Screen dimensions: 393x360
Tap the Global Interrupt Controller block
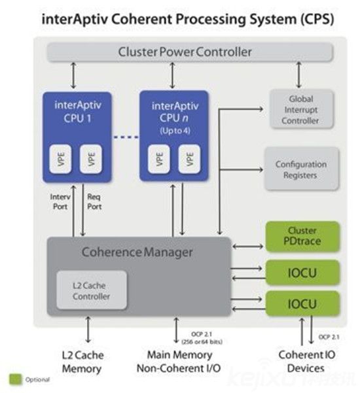point(301,110)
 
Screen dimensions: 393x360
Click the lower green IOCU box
point(302,303)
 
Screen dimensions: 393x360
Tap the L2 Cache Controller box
point(91,291)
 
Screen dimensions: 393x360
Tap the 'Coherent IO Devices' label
point(302,361)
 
